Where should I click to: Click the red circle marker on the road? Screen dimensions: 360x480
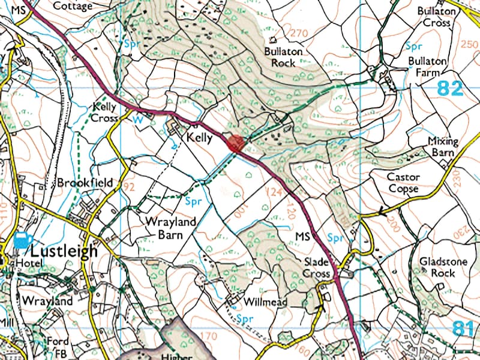pyautogui.click(x=235, y=143)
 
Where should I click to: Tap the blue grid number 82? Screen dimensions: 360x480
pyautogui.click(x=450, y=89)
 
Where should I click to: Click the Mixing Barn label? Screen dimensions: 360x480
pyautogui.click(x=443, y=147)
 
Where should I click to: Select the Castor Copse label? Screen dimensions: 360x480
pyautogui.click(x=403, y=183)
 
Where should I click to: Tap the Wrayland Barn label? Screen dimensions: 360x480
pyautogui.click(x=171, y=227)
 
